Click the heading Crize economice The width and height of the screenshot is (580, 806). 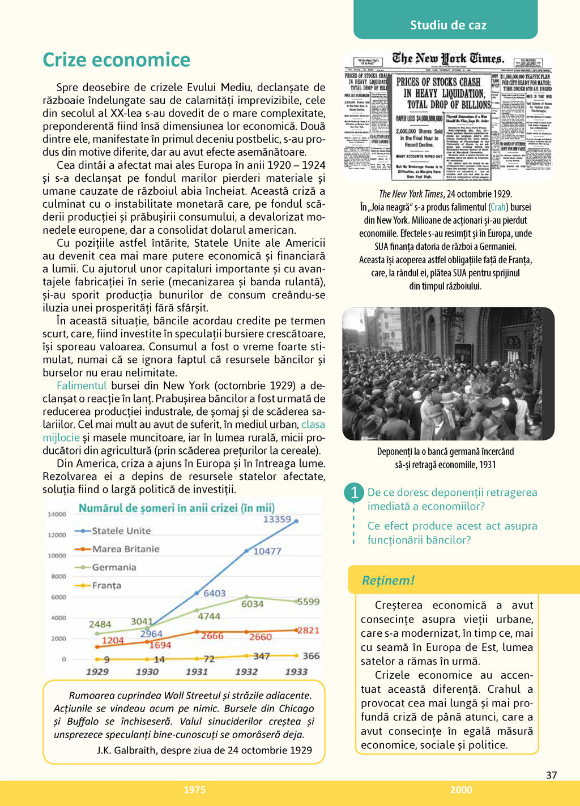pyautogui.click(x=117, y=60)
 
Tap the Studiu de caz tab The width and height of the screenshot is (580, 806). pyautogui.click(x=448, y=25)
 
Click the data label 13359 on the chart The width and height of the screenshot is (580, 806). pyautogui.click(x=277, y=519)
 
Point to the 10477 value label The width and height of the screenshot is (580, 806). pyautogui.click(x=267, y=551)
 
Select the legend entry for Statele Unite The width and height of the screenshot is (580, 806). pyautogui.click(x=121, y=531)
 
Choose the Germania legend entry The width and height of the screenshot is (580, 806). pyautogui.click(x=114, y=567)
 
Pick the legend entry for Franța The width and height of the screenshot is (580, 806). pyautogui.click(x=106, y=585)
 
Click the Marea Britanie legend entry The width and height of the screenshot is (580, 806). pyautogui.click(x=126, y=549)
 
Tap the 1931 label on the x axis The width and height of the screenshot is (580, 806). pyautogui.click(x=197, y=672)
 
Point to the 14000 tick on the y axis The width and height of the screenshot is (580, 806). pyautogui.click(x=57, y=515)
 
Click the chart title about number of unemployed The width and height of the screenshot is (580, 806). pyautogui.click(x=176, y=508)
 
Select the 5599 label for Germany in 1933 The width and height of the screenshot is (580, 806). pyautogui.click(x=309, y=602)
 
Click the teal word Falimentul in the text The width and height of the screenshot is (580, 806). pyautogui.click(x=82, y=385)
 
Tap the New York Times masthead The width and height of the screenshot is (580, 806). pyautogui.click(x=447, y=59)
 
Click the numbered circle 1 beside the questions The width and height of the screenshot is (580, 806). pyautogui.click(x=354, y=492)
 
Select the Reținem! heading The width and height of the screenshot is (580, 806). pyautogui.click(x=389, y=580)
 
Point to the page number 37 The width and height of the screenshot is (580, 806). pyautogui.click(x=551, y=775)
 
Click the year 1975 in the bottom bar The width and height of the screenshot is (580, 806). pyautogui.click(x=194, y=790)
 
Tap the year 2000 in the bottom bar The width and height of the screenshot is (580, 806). pyautogui.click(x=461, y=790)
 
